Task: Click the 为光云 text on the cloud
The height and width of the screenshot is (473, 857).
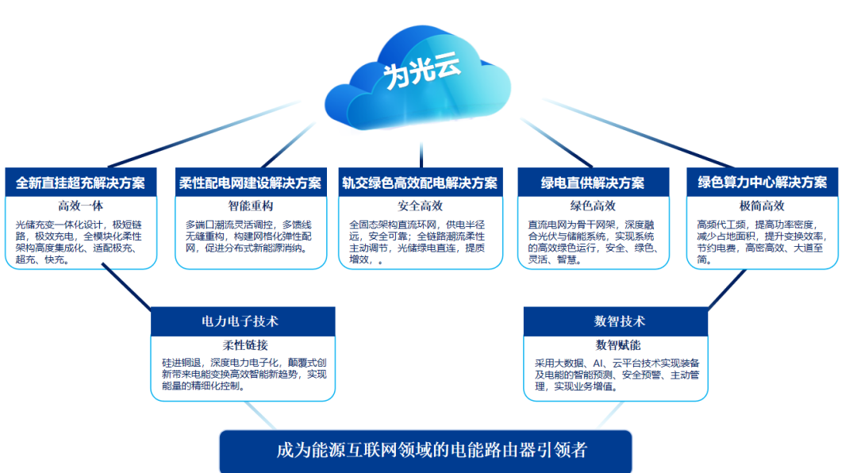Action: coord(421,74)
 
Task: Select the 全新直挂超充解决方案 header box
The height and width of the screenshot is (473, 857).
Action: coord(80,183)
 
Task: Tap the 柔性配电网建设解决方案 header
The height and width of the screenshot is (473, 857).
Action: coord(250,183)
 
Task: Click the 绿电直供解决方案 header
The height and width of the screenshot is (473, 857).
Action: coord(593,183)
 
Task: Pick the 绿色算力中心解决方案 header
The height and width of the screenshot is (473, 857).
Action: coord(762,183)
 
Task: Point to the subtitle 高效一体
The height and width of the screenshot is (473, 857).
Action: coord(80,206)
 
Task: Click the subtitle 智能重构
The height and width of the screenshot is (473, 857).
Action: coord(250,206)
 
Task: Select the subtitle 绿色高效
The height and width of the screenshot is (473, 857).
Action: coord(593,206)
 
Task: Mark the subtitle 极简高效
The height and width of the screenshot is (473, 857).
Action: coord(762,206)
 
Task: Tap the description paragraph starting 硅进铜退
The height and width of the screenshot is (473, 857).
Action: coord(244,374)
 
